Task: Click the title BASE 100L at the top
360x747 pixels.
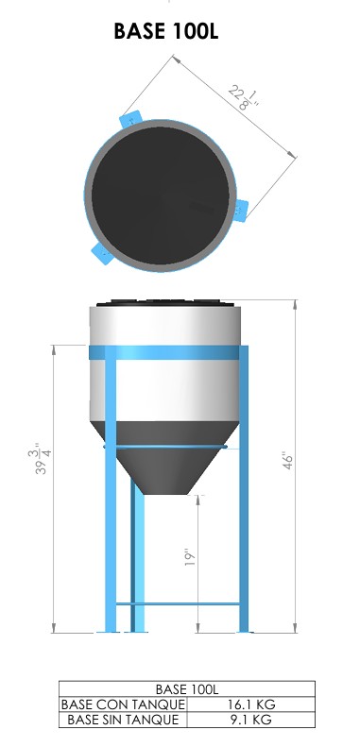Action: point(166,31)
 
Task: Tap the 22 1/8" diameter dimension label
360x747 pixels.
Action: point(243,96)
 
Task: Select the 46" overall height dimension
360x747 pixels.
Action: point(288,462)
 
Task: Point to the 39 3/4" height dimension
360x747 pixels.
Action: point(40,461)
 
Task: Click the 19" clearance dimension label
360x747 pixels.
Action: point(191,557)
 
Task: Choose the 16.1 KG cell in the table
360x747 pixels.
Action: point(251,705)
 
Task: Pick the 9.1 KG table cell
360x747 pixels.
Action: point(251,720)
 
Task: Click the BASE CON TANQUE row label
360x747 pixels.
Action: point(123,705)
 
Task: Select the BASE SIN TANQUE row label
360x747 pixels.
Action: point(123,720)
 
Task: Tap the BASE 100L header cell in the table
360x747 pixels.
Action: point(187,688)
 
